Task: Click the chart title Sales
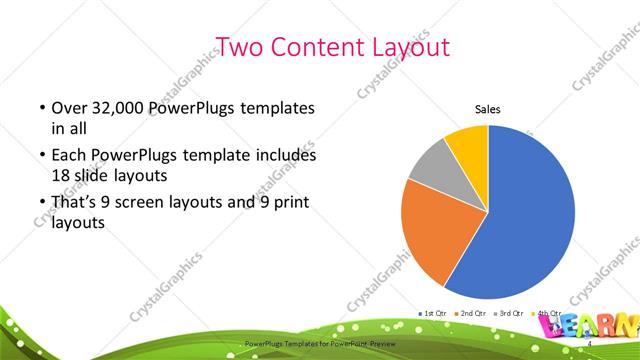487,110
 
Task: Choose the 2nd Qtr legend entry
473,314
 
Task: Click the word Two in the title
239,46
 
